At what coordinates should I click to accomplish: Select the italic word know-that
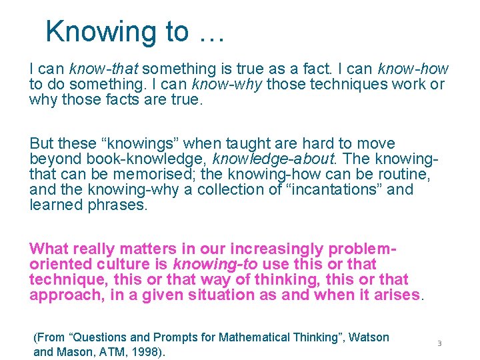tap(104, 69)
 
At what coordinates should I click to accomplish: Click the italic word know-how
tap(413, 69)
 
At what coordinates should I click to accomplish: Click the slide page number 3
tap(439, 343)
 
